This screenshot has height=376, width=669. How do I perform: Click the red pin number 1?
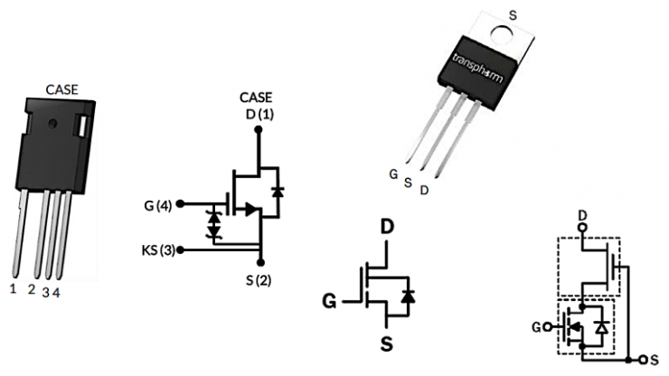[13, 289]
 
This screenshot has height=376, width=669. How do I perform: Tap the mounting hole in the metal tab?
[500, 33]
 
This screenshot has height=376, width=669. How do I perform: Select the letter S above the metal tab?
[514, 13]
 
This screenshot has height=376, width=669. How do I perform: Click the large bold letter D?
[387, 227]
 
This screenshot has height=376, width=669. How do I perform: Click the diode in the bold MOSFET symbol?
[408, 296]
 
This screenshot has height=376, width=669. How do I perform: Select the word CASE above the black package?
[62, 89]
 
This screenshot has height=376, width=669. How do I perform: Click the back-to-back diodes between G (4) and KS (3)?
[214, 226]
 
